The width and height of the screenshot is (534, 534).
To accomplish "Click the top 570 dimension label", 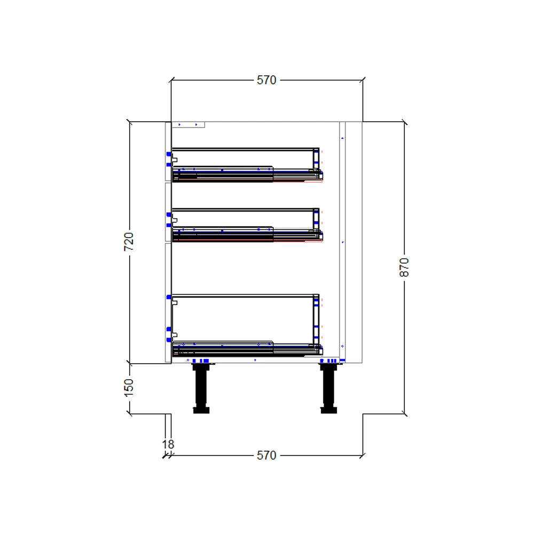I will pyautogui.click(x=266, y=80).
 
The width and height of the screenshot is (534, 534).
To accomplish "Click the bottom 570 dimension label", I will pyautogui.click(x=266, y=456).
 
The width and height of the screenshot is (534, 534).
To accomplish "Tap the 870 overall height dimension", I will pyautogui.click(x=404, y=267).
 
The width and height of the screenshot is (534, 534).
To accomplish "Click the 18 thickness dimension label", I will pyautogui.click(x=168, y=444).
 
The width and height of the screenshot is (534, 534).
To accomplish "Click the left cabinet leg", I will pyautogui.click(x=201, y=387).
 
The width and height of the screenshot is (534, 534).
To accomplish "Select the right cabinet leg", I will pyautogui.click(x=328, y=387).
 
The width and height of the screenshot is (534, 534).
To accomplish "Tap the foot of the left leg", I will pyautogui.click(x=201, y=410).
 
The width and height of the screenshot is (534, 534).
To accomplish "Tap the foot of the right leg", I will pyautogui.click(x=328, y=410).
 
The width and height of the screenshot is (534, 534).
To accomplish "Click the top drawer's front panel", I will pyautogui.click(x=168, y=152).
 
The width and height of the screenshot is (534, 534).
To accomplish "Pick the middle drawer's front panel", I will pyautogui.click(x=168, y=213).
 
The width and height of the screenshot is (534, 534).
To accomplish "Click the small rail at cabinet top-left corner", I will pyautogui.click(x=188, y=125).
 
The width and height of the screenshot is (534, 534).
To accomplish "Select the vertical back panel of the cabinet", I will pyautogui.click(x=342, y=240).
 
